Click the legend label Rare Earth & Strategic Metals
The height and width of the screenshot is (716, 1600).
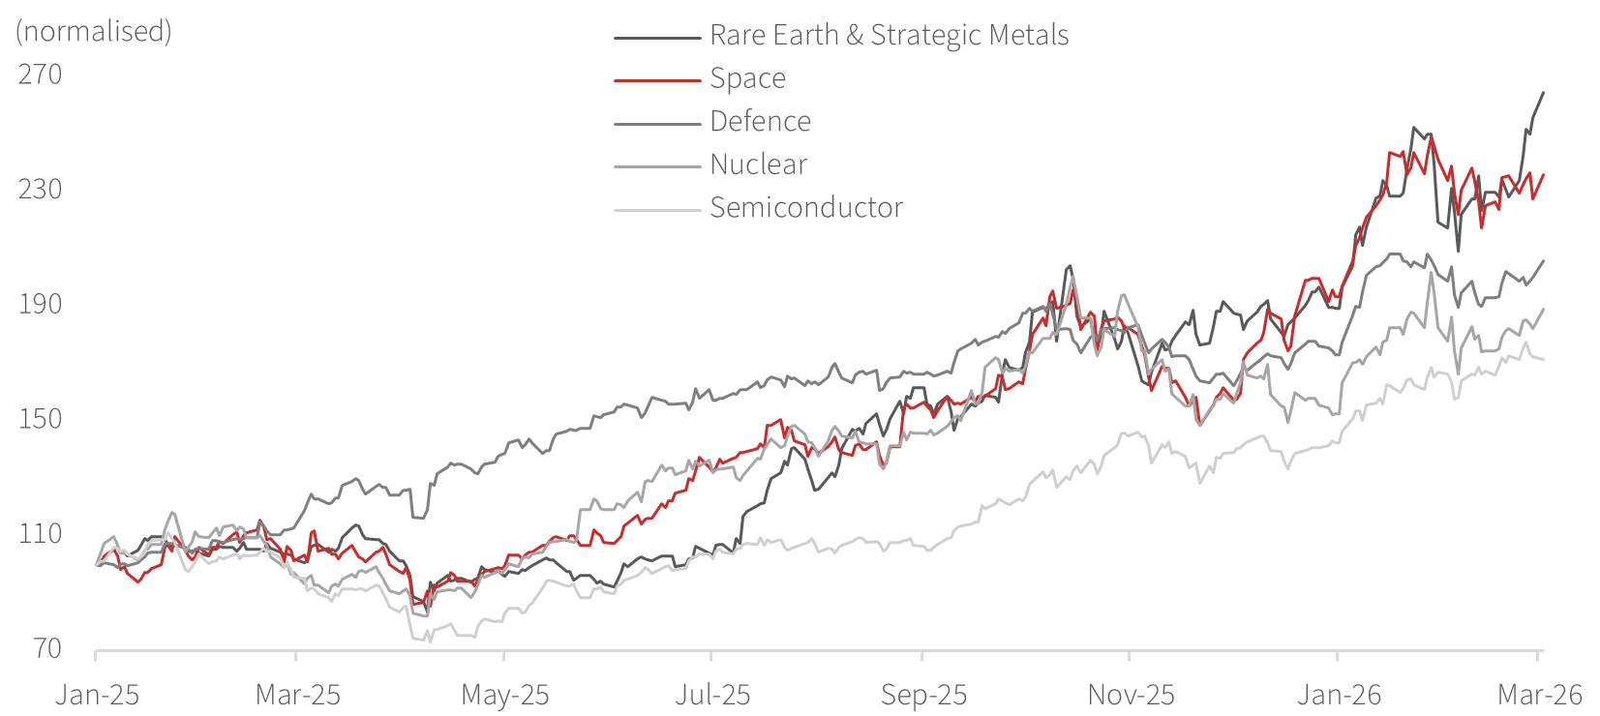[889, 36]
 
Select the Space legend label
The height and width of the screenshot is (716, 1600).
[747, 78]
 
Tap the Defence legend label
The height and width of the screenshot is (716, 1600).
[760, 122]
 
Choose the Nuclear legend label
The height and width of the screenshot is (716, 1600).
[758, 164]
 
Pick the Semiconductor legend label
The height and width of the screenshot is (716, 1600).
[805, 208]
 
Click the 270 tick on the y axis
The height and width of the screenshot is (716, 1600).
[40, 75]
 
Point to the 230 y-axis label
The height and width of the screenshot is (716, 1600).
[40, 189]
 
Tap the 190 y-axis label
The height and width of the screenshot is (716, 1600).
[40, 304]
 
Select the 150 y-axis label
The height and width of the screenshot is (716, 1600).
[40, 419]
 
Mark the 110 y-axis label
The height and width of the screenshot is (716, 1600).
[40, 533]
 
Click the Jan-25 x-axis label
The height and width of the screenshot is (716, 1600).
[97, 695]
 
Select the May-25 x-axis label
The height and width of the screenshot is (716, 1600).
[504, 695]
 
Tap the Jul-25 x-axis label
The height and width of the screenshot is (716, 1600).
[711, 695]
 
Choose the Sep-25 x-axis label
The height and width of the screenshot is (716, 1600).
[922, 695]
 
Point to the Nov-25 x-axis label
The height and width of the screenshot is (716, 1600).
[1131, 695]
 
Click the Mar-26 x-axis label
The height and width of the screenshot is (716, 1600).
[1539, 695]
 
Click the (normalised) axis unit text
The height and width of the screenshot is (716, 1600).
[93, 32]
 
